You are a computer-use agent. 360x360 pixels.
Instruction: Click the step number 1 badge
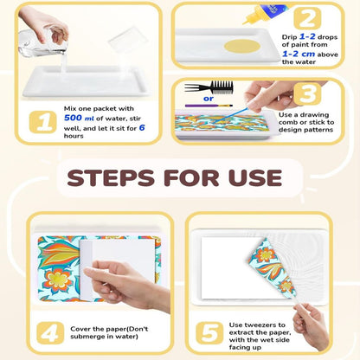pos(43,122)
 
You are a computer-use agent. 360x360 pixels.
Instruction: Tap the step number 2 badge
pos(307,19)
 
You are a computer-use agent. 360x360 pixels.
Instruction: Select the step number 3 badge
pos(307,94)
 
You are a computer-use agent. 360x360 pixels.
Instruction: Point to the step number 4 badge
pos(50,333)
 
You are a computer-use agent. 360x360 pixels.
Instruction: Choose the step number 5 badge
pos(209,333)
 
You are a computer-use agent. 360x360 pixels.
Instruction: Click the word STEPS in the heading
pos(111,177)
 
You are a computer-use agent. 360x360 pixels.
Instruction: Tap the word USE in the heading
pos(255,177)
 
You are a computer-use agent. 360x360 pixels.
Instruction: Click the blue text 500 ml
pos(79,118)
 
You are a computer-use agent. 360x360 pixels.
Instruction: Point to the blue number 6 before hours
pos(142,128)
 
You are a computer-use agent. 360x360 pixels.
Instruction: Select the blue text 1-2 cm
pos(299,54)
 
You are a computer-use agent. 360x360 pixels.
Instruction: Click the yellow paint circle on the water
pos(242,46)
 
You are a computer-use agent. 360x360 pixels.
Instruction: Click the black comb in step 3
pos(209,87)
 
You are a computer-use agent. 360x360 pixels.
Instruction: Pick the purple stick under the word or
pos(209,106)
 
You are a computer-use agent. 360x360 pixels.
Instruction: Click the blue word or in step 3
pos(209,99)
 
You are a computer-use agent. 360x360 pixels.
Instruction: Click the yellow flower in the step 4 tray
pos(59,280)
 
